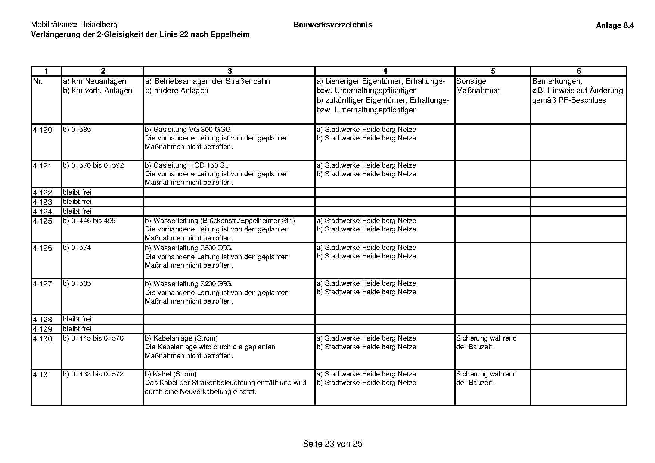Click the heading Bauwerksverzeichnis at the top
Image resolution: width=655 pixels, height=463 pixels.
(x=333, y=25)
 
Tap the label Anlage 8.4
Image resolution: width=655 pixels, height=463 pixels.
(x=615, y=25)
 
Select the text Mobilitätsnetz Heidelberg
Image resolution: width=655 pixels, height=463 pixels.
(x=74, y=25)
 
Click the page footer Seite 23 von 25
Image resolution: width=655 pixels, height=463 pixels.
(x=332, y=444)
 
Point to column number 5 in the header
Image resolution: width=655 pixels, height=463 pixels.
(x=493, y=71)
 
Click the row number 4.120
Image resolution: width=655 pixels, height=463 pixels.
(x=43, y=130)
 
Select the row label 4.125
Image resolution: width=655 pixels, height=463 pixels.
(x=43, y=221)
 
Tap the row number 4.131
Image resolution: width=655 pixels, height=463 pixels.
(x=43, y=375)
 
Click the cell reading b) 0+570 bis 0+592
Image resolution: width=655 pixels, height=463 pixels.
(x=93, y=165)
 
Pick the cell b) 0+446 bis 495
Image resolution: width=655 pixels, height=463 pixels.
(x=89, y=221)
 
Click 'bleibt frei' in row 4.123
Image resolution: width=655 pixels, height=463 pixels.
(x=77, y=202)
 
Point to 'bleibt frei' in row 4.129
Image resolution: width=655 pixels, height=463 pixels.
(x=77, y=329)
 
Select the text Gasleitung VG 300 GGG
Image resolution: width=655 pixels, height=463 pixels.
(x=192, y=130)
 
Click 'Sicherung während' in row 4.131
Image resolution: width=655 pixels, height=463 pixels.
(x=486, y=374)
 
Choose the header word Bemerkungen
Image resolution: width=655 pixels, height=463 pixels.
(x=557, y=81)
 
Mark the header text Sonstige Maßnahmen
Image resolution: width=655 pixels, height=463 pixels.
(x=478, y=86)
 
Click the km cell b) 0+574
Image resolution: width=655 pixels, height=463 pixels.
(x=77, y=248)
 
